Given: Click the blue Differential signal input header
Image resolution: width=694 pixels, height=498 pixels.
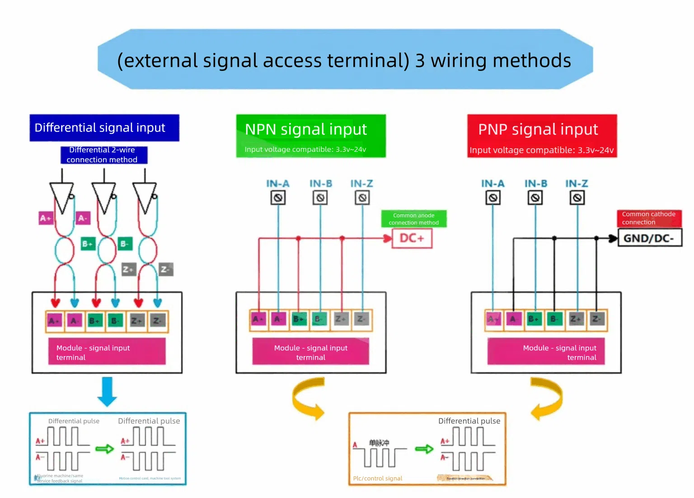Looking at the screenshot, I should point(104,128).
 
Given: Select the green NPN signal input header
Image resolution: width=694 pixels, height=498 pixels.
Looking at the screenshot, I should point(311,136).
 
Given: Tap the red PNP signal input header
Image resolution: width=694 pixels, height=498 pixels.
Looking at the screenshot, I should point(542,136).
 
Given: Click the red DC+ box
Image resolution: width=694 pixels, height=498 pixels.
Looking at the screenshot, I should point(412,238).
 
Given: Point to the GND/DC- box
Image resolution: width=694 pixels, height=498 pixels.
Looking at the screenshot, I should point(649,238).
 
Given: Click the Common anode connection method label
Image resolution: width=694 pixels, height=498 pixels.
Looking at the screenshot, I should point(413,219).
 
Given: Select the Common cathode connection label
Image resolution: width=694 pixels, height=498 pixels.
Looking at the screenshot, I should point(649,218).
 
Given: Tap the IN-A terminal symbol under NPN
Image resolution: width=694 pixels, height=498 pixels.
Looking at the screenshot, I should point(278,197).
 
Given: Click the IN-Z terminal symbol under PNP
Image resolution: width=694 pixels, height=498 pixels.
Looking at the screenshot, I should point(577,197).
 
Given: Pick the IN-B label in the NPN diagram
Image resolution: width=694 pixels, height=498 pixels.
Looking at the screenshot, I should point(321,183).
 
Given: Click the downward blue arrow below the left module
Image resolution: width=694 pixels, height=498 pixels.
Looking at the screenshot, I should point(108,391).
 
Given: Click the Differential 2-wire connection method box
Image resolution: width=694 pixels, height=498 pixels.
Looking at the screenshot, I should point(104,155).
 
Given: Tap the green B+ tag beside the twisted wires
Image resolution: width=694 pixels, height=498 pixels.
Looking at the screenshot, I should point(88,244).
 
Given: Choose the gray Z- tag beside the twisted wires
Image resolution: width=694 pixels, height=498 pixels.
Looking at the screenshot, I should point(166,269).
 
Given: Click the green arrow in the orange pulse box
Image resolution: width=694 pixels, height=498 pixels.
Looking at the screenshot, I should point(424,449).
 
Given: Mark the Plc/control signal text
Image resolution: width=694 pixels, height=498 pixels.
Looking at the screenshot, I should point(378,478).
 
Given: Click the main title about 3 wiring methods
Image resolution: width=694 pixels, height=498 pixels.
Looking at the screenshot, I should point(344,60).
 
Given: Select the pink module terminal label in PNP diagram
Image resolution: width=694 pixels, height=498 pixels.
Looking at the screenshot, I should point(546,352).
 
